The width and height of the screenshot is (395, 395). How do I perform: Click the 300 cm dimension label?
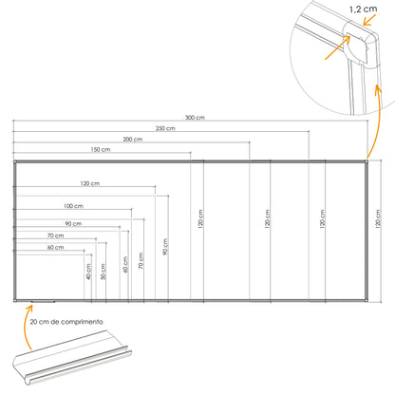coord(195,118)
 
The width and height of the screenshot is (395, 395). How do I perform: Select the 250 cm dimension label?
coord(165,128)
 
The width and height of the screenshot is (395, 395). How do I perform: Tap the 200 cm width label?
coord(133,140)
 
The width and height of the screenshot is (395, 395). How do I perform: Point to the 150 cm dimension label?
coord(101,149)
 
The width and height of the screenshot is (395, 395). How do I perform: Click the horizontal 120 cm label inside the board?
coord(90,183)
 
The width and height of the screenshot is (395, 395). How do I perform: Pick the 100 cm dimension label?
coord(73,206)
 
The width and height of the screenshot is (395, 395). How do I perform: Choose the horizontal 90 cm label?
coord(73,224)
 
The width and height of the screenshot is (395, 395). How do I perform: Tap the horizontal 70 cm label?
coord(56,235)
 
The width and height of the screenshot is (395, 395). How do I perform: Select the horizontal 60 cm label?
coord(56,248)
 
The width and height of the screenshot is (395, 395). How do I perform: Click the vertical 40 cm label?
coord(88,272)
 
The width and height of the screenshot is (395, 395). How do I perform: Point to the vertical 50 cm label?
coord(103,272)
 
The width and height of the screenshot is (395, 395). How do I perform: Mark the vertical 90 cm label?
coord(165,247)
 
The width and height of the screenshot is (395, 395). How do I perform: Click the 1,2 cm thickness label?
coord(364,9)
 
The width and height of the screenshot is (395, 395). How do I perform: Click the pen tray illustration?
coord(72,358)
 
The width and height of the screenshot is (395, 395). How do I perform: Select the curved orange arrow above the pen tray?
coord(26,326)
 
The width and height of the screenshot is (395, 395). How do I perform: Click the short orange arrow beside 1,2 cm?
coord(369,20)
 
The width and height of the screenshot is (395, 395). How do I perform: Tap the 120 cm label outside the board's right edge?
coord(378,218)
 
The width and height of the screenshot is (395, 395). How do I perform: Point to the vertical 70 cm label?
coord(141,260)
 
